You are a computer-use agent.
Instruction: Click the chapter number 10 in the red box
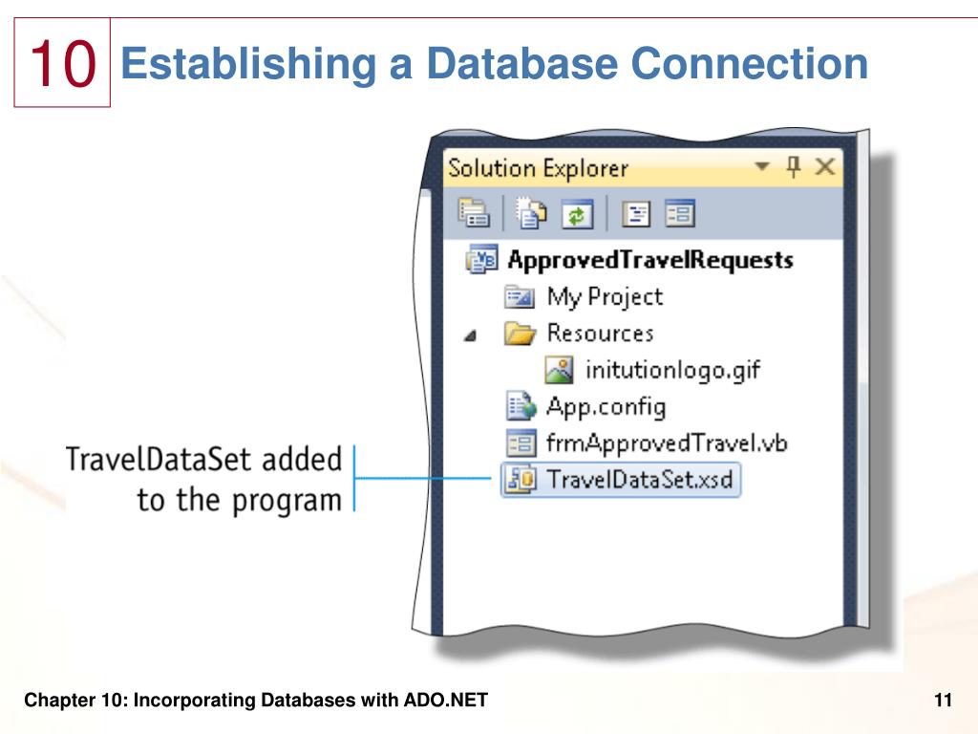pyautogui.click(x=63, y=64)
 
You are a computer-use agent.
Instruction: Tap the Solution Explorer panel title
pyautogui.click(x=538, y=169)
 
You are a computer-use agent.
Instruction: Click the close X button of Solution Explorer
pyautogui.click(x=824, y=167)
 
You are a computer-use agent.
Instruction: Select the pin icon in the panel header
pyautogui.click(x=793, y=167)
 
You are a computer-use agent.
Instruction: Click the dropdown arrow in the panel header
pyautogui.click(x=761, y=167)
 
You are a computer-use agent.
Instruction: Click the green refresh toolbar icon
pyautogui.click(x=576, y=214)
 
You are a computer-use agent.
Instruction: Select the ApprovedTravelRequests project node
pyautogui.click(x=649, y=259)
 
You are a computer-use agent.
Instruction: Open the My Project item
pyautogui.click(x=604, y=296)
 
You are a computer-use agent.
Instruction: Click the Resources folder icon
pyautogui.click(x=521, y=334)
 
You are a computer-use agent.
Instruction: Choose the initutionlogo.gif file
pyautogui.click(x=672, y=369)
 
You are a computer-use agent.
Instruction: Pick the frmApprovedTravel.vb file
pyautogui.click(x=667, y=443)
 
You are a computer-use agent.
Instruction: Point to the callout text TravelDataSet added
pyautogui.click(x=203, y=460)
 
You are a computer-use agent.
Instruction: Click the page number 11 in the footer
pyautogui.click(x=944, y=702)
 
